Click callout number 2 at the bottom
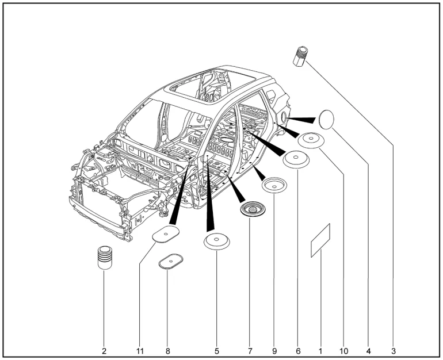(x=104, y=348)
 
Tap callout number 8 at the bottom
(x=167, y=348)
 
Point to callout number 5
(x=217, y=348)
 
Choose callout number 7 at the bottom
(x=250, y=348)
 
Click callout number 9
(x=274, y=348)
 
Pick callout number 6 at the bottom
(x=298, y=348)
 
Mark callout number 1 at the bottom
(x=320, y=348)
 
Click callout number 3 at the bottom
(x=394, y=348)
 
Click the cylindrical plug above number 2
(x=104, y=256)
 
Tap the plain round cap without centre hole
(x=327, y=120)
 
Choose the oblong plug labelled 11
(x=165, y=234)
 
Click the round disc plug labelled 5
(x=217, y=242)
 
